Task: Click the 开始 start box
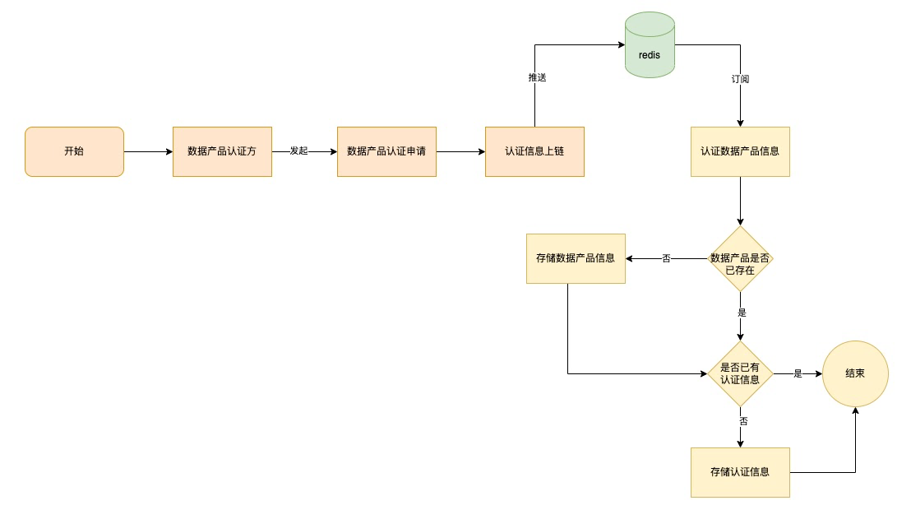coord(74,151)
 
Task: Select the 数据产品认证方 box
coord(222,151)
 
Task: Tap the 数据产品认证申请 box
coord(386,151)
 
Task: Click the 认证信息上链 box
coord(534,151)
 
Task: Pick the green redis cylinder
coord(650,46)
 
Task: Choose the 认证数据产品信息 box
coord(740,151)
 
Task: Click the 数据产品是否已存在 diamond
coord(740,259)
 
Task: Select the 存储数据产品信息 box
coord(576,258)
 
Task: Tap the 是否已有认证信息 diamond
coord(740,373)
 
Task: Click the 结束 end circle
coord(855,373)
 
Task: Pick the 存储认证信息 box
coord(740,472)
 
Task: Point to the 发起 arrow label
coord(298,152)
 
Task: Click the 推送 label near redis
coord(537,77)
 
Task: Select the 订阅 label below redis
coord(740,80)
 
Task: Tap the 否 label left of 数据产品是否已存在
coord(666,259)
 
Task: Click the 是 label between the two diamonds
coord(742,313)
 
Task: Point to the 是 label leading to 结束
coord(798,373)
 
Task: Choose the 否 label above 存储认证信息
coord(743,420)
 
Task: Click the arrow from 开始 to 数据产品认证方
coord(148,151)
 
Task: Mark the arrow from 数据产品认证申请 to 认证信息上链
coord(460,151)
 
